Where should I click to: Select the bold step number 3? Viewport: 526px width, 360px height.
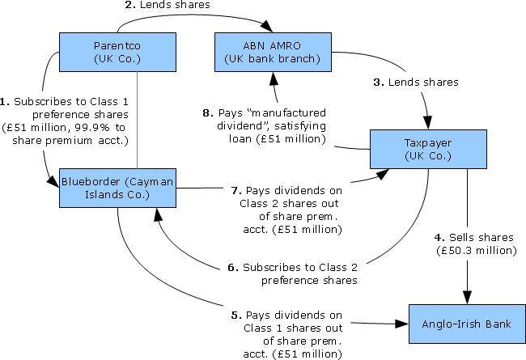click(378, 83)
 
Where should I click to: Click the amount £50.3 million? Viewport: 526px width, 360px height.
click(485, 250)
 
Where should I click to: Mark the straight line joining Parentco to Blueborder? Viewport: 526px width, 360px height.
click(138, 113)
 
